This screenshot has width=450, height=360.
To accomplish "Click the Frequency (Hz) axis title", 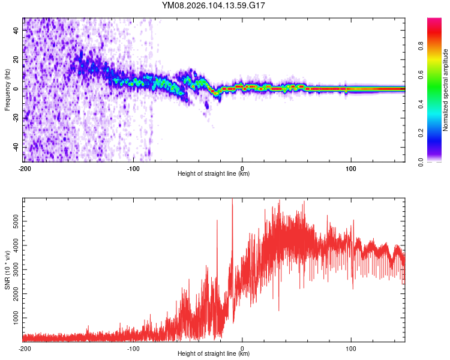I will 7,89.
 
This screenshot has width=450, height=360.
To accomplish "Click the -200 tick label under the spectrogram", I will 24,168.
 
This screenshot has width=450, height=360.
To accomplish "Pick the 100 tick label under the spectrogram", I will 350,168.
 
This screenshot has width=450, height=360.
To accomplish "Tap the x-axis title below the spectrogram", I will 214,174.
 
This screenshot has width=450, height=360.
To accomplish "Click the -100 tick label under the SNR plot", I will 133,348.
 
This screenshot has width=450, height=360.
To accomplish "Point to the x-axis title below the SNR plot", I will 214,354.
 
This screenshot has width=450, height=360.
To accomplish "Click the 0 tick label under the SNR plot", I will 242,348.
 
